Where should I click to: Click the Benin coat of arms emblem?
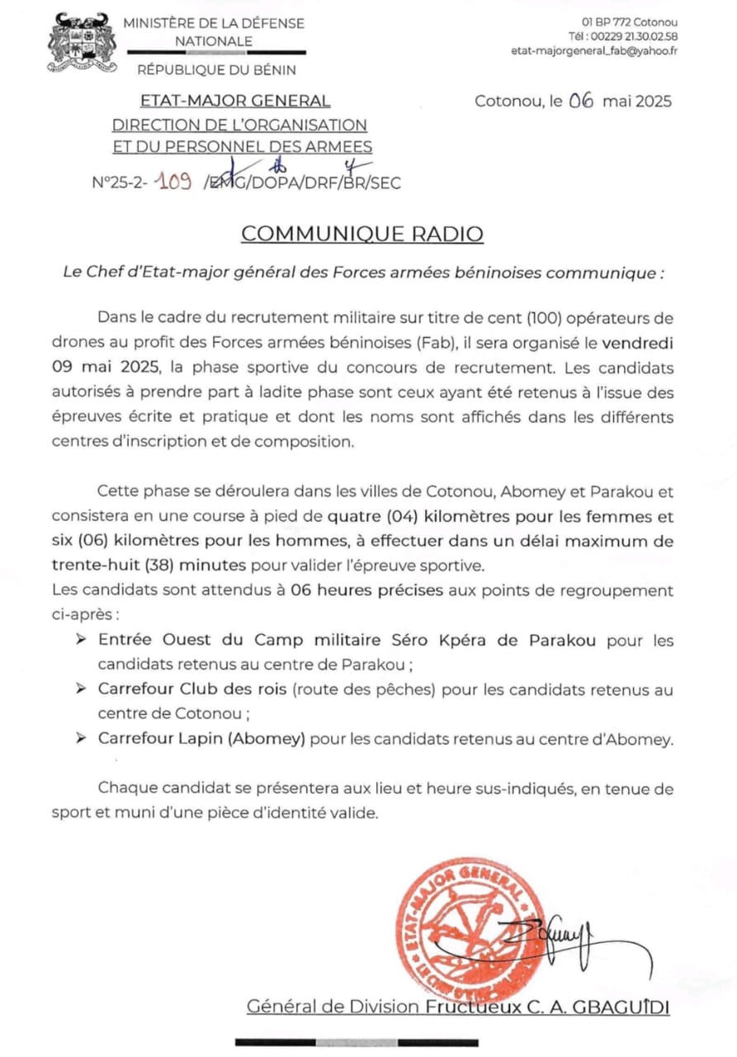click(x=79, y=42)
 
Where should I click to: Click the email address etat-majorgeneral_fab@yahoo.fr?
click(x=594, y=51)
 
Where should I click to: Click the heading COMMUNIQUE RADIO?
click(x=362, y=234)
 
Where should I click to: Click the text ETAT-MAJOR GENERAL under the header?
click(x=235, y=102)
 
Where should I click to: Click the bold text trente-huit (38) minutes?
click(x=149, y=566)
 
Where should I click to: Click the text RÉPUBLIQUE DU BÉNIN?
click(x=216, y=70)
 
